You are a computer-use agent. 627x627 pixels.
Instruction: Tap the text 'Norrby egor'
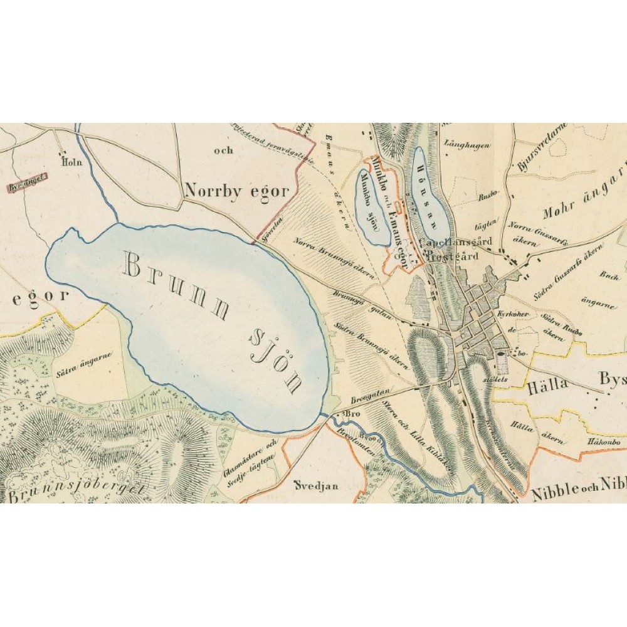[x=236, y=191]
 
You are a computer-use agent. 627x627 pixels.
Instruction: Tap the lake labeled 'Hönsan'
[x=429, y=191]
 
